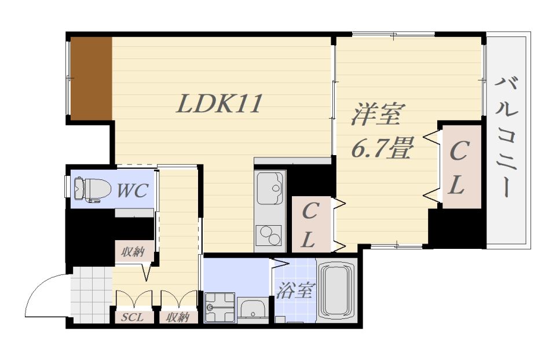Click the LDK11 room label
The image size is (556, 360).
220,104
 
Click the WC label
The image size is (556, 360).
133,190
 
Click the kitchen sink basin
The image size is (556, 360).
269,188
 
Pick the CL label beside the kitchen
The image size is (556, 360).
310,225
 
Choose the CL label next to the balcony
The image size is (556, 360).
459,168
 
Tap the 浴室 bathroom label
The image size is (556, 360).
294,291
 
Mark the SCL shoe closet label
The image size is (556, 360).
134,317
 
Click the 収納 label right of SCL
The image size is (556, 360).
178,317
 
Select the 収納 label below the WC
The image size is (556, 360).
133,252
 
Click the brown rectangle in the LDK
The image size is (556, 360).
91,79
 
